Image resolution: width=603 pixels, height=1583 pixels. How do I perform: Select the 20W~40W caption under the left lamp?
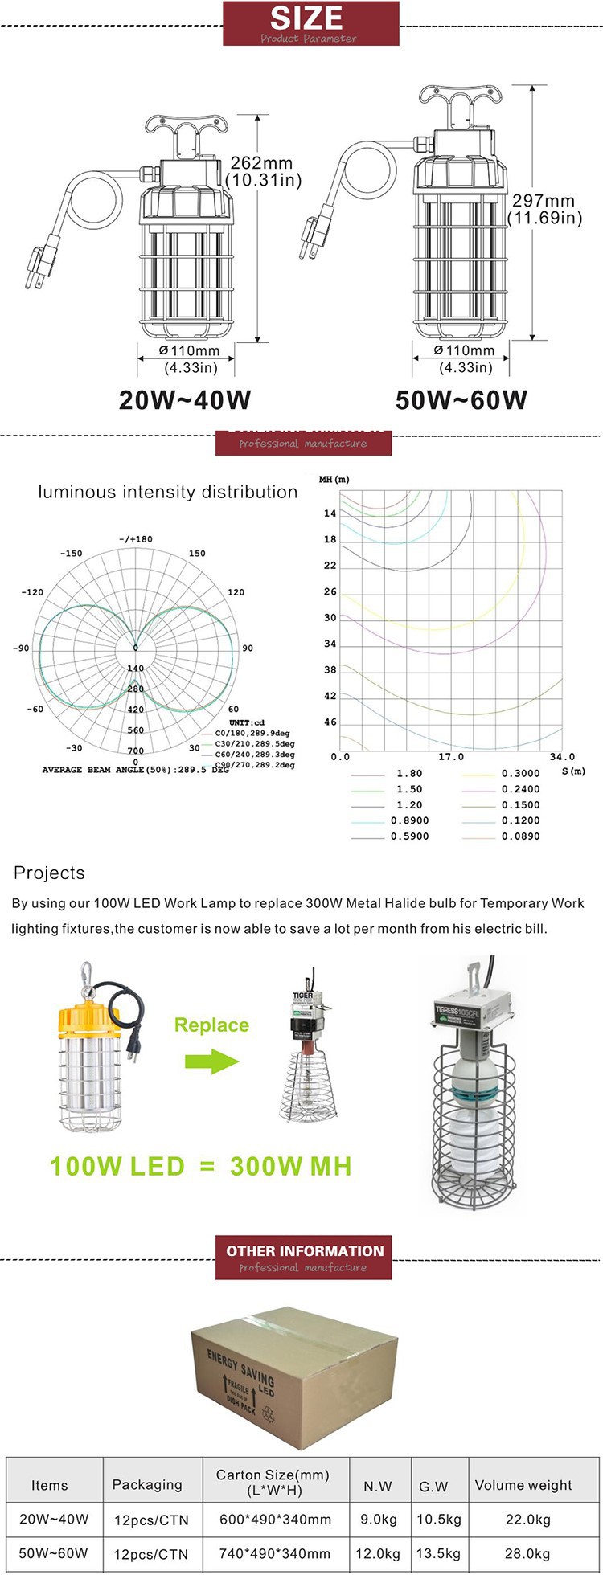(185, 399)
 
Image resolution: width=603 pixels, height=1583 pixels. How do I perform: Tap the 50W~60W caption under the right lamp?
(461, 399)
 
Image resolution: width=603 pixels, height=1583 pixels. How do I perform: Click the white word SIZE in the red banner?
(306, 18)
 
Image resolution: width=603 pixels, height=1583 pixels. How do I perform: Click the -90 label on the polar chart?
(21, 648)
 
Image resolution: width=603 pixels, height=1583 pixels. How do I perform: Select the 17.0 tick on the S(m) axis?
(451, 757)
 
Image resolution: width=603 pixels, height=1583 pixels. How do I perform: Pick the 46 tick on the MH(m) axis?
(330, 722)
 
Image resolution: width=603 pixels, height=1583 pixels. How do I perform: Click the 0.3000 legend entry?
(520, 774)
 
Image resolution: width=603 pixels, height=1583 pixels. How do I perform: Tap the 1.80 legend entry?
(409, 774)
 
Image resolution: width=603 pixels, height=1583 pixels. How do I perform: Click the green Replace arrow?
(212, 1061)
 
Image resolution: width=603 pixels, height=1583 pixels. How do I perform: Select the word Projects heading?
(49, 873)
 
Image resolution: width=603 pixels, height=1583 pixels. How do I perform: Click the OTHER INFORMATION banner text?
(305, 1251)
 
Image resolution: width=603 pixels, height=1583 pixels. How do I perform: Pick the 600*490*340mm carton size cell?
(275, 1520)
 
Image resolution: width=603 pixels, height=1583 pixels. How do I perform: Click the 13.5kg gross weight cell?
(438, 1553)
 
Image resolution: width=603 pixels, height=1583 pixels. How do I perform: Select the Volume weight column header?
(523, 1485)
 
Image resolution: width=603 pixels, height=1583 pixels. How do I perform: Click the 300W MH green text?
(290, 1167)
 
